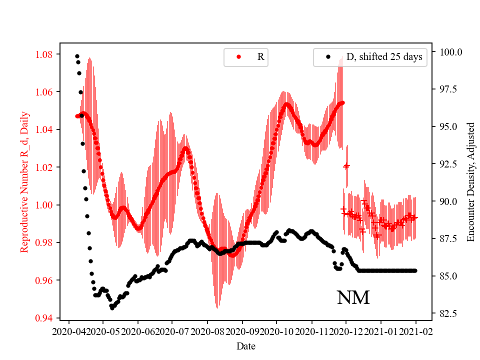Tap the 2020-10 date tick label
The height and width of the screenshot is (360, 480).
(x=277, y=331)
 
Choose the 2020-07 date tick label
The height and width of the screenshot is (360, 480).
(x=172, y=331)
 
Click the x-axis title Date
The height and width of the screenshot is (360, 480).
(x=246, y=346)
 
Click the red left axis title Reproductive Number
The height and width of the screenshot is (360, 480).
(x=24, y=181)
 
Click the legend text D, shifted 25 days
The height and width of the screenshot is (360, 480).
(x=384, y=57)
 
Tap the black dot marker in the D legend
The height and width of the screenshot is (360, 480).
(x=328, y=57)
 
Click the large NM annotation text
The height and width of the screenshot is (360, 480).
(x=353, y=298)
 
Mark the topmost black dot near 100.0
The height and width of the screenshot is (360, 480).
(x=77, y=56)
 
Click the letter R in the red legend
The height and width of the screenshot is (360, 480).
(x=260, y=57)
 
